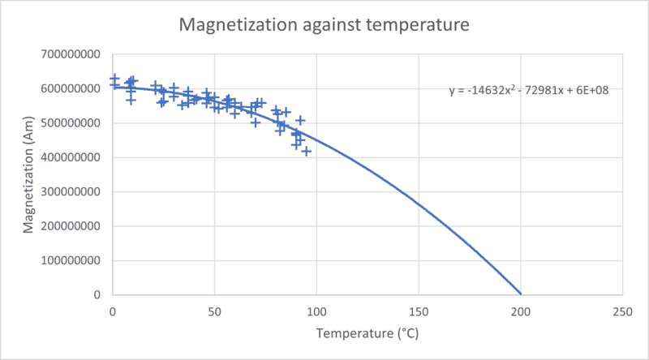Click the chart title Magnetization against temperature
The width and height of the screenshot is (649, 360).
click(324, 25)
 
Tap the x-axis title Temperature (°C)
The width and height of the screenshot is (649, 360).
click(367, 333)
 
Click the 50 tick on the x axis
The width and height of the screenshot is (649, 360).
click(214, 311)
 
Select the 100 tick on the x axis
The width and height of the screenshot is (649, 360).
click(316, 311)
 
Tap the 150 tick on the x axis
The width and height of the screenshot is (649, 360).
click(419, 311)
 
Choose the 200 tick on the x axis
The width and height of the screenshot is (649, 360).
click(521, 311)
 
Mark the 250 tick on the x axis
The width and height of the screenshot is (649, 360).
click(622, 311)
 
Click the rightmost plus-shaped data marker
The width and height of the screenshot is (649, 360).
click(307, 151)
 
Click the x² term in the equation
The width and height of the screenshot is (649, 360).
click(508, 89)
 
